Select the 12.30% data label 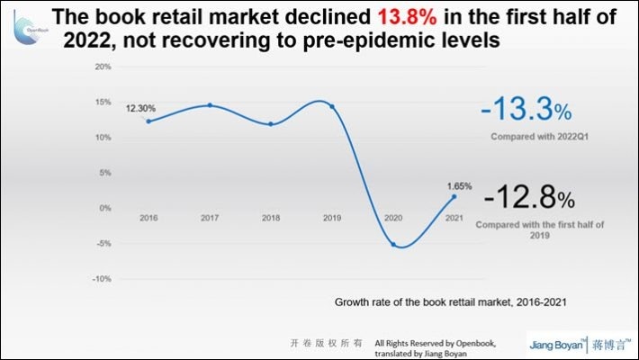pyautogui.click(x=139, y=107)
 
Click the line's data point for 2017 pyautogui.click(x=210, y=105)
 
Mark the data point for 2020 pyautogui.click(x=393, y=244)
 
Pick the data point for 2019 pyautogui.click(x=332, y=106)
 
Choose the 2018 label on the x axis pyautogui.click(x=271, y=218)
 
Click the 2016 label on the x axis pyautogui.click(x=148, y=218)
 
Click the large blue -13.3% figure pyautogui.click(x=525, y=111)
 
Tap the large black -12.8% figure pyautogui.click(x=527, y=196)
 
